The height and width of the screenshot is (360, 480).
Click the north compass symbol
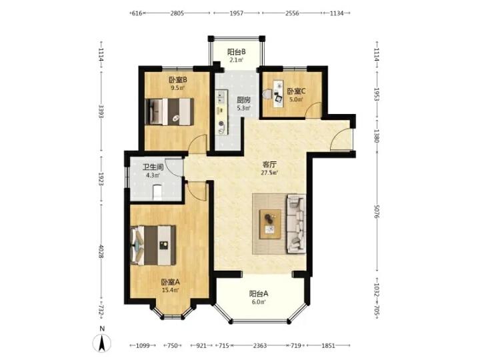tap(102, 342)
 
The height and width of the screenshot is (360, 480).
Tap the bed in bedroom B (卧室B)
tap(169, 112)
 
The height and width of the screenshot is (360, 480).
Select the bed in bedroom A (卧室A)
tap(153, 245)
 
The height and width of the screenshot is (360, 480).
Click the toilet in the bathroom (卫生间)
tap(157, 193)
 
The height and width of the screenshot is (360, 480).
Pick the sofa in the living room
tap(296, 224)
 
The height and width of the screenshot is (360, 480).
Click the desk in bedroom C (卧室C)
tap(278, 94)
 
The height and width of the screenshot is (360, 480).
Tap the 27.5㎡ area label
tap(269, 173)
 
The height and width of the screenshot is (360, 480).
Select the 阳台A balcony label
tap(259, 294)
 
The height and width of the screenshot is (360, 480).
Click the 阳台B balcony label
tap(237, 52)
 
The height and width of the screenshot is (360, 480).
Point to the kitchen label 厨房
tap(244, 100)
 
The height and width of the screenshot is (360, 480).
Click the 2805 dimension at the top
tap(177, 13)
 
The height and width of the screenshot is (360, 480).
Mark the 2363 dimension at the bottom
tap(260, 345)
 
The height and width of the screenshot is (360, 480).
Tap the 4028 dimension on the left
tap(101, 251)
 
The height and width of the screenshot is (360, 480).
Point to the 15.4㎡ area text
tap(170, 289)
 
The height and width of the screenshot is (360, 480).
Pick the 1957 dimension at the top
tap(237, 13)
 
